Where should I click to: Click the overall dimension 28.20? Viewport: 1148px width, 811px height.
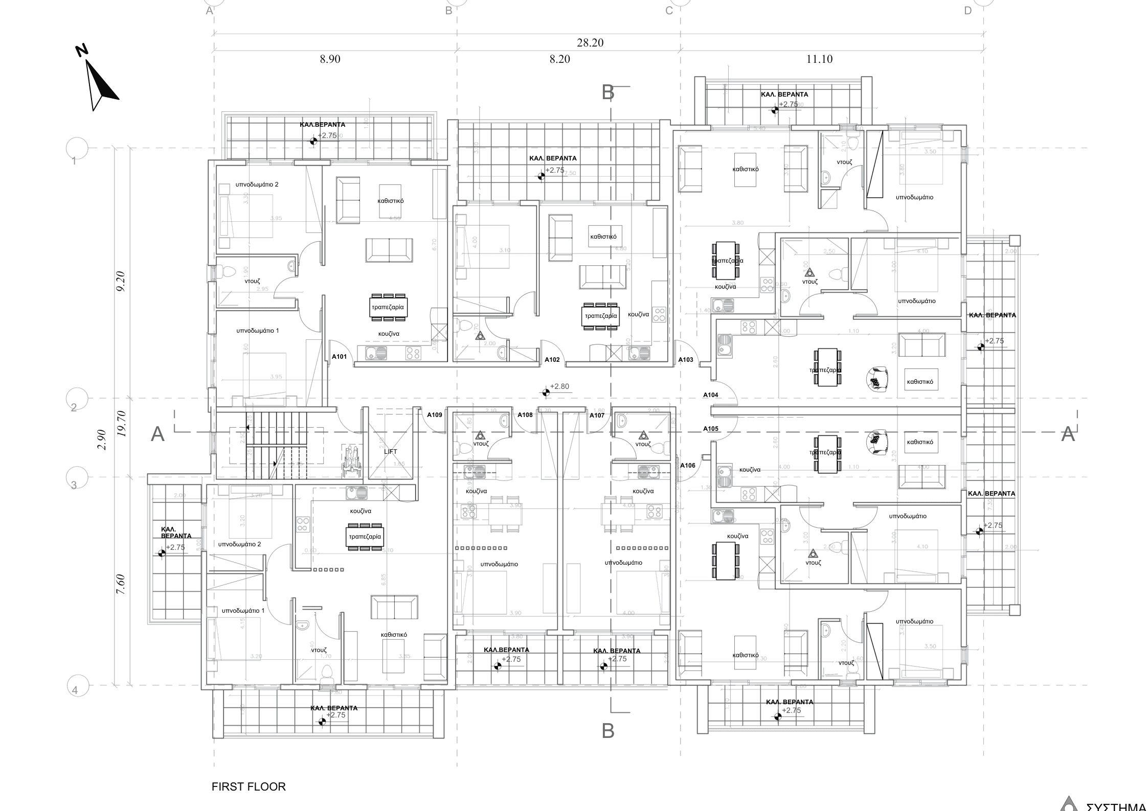coord(590,43)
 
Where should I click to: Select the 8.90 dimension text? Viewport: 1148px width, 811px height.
coord(330,59)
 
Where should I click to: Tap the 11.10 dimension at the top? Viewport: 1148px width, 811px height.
coord(819,59)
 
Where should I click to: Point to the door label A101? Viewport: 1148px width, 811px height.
coord(340,357)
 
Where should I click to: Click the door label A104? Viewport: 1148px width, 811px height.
coord(710,395)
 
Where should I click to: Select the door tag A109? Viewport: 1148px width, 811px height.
coord(434,415)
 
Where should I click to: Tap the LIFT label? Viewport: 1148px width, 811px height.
coord(390,451)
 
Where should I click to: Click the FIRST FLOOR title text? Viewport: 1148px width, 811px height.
coord(249,786)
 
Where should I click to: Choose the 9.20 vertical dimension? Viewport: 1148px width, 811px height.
coord(121,282)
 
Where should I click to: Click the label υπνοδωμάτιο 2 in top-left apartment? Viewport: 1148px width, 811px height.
coord(257,184)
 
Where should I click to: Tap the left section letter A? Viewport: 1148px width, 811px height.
coord(158,434)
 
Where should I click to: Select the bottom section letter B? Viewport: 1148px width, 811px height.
coord(607,731)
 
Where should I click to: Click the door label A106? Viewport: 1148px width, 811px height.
coord(687,466)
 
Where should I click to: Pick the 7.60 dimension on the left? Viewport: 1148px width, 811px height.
coord(121,584)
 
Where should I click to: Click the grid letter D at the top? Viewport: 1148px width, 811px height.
coord(967,11)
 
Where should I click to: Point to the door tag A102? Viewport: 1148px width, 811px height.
coord(552,360)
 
